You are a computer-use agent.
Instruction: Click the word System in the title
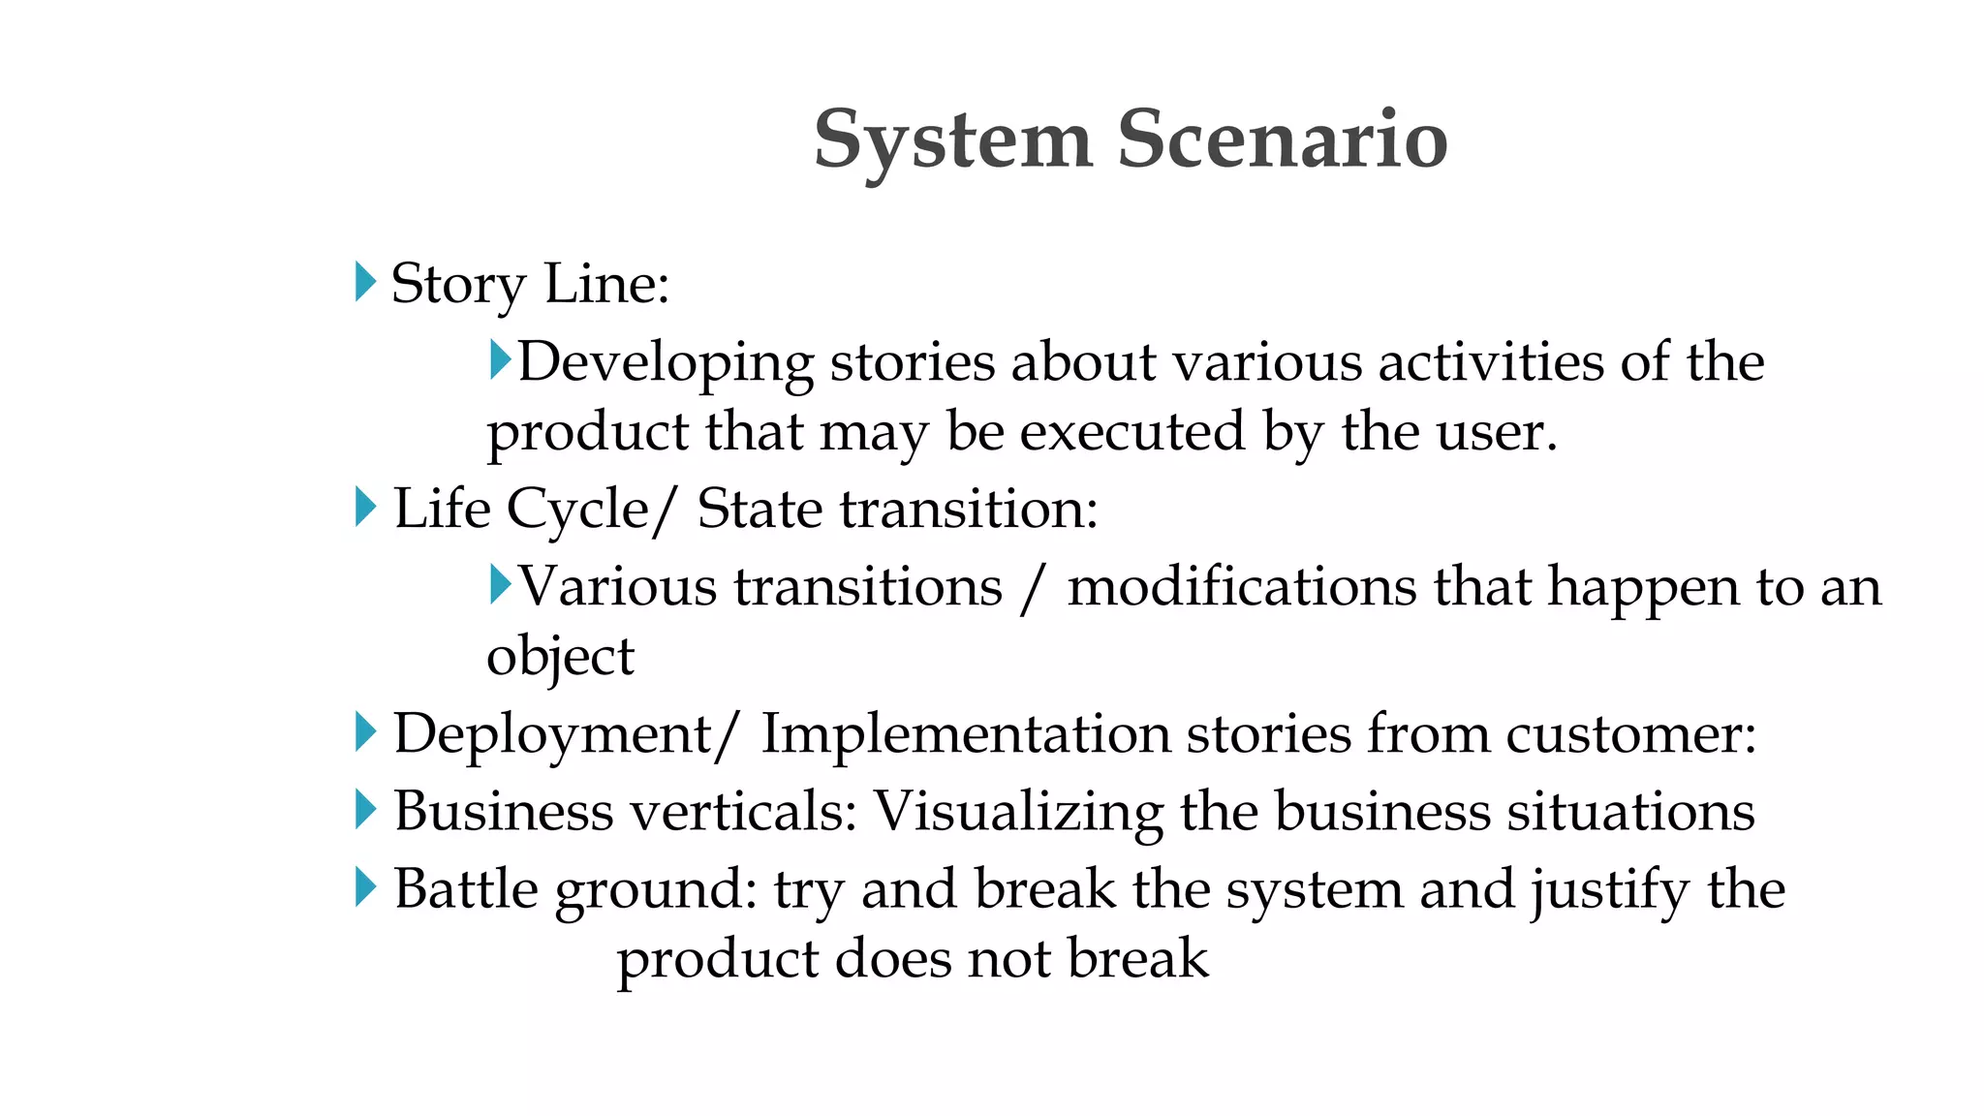tap(953, 141)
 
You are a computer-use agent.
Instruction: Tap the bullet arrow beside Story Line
tap(365, 282)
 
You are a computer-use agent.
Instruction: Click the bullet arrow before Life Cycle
tap(365, 507)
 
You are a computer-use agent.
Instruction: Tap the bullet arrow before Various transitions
tap(500, 584)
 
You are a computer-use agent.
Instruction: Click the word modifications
tap(1241, 587)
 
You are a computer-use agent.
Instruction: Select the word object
tap(560, 659)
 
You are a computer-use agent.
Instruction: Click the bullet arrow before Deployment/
tap(365, 731)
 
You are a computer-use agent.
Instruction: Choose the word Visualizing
tap(1018, 812)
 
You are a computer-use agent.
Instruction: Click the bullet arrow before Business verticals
tap(365, 809)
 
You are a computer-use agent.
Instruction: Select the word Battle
tap(465, 888)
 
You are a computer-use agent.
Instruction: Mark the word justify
tap(1609, 891)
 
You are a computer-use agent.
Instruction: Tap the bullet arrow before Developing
tap(500, 359)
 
